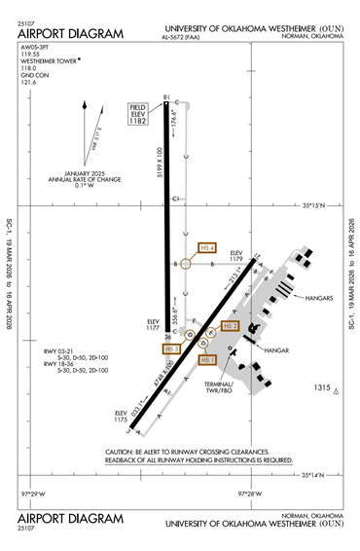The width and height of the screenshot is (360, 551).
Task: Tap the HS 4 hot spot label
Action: (206, 248)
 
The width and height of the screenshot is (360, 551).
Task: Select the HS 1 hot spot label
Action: (206, 359)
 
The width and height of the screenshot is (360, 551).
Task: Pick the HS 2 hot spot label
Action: (229, 326)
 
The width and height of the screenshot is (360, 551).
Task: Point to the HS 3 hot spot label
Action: (172, 349)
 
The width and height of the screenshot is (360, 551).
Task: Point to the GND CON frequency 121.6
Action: (28, 82)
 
